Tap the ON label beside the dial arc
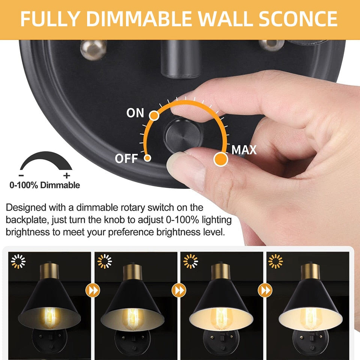[135, 113]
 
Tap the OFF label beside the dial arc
[126, 159]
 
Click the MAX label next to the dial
[244, 150]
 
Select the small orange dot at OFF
[148, 158]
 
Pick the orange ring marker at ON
[153, 115]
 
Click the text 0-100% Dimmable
[45, 185]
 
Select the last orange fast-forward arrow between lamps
[264, 290]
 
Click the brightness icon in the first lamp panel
[17, 261]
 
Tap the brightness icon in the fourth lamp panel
[276, 261]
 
